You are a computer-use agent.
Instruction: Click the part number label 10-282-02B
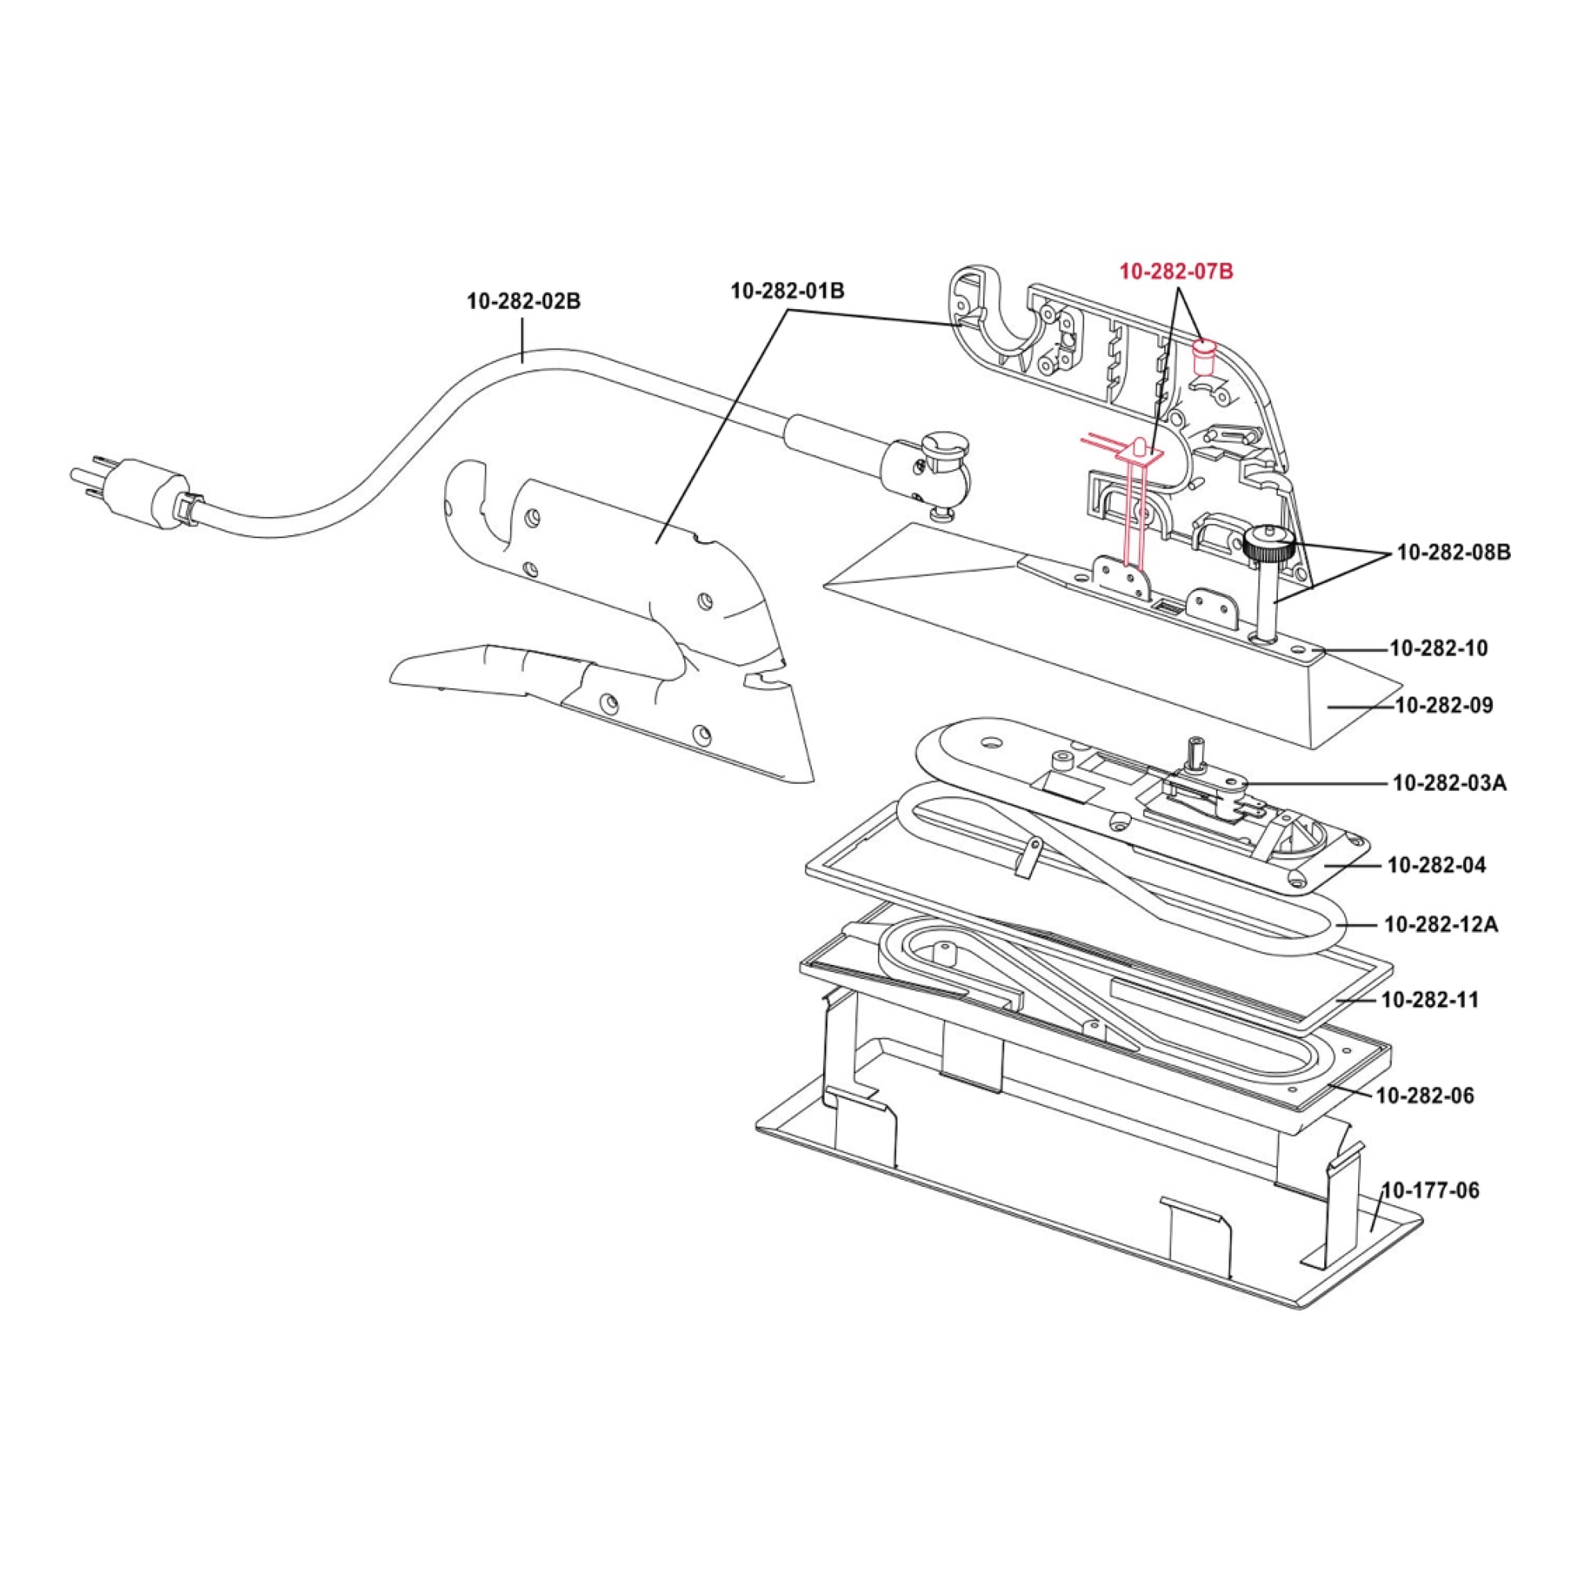pos(523,301)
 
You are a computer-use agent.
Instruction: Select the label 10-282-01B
pos(787,291)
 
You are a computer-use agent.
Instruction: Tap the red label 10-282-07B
pos(1177,272)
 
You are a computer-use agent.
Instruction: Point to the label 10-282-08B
pos(1454,553)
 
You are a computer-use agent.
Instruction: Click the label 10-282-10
pos(1439,648)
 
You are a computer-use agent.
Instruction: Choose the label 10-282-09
pos(1444,705)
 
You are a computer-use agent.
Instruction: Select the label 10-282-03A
pos(1450,783)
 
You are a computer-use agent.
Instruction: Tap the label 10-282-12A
pos(1440,924)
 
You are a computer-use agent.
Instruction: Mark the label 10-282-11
pos(1429,999)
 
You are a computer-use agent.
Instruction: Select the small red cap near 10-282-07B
pos(1203,355)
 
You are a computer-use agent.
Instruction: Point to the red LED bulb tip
pos(1139,446)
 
